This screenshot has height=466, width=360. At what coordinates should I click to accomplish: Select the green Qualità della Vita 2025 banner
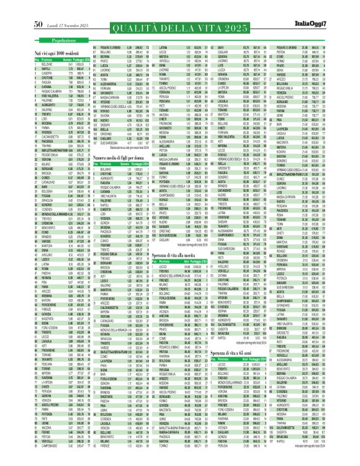[179, 18]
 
